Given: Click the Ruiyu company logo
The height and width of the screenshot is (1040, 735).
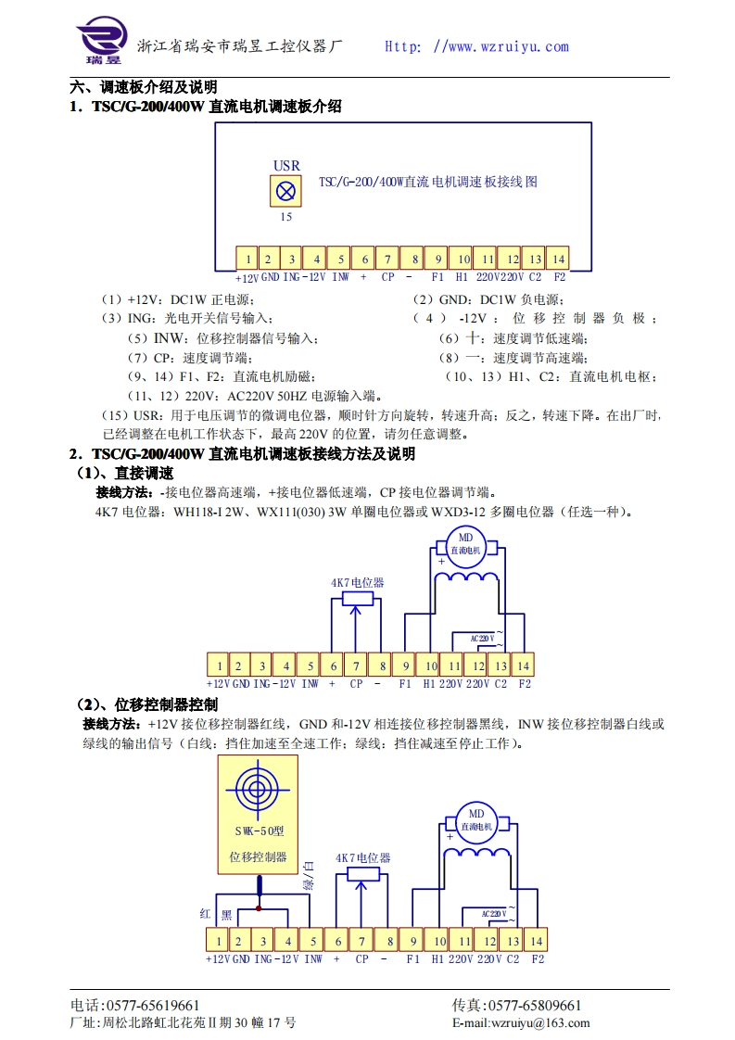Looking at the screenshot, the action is pos(100,42).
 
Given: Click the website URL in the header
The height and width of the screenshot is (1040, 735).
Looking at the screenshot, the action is pos(476,46).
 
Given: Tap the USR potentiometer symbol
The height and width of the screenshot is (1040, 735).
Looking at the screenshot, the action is pos(286,192).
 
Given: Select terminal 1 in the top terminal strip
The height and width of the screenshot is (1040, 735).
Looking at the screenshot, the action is pos(247,259).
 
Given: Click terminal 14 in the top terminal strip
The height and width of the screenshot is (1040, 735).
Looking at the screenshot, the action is pos(557,259).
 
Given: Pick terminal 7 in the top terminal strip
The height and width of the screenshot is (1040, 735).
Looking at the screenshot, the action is pos(389,259).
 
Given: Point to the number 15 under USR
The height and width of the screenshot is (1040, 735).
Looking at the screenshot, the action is pos(285,217).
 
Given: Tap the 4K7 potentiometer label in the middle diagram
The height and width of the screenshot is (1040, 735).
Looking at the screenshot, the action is pos(357,583).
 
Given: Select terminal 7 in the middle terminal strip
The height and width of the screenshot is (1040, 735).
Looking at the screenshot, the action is pos(356,665).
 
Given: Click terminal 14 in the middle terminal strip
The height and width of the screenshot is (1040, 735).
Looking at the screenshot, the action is pos(523,665).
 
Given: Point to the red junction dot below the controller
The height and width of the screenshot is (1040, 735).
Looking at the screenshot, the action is pos(259,907).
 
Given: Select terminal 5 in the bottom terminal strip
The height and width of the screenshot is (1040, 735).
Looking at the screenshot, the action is pos(313,941).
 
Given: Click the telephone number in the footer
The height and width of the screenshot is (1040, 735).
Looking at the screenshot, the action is pos(135,1006).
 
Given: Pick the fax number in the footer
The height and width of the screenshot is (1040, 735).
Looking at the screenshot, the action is pos(516,1006).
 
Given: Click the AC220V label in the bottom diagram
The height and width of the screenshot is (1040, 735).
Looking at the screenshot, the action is pos(493,914).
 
